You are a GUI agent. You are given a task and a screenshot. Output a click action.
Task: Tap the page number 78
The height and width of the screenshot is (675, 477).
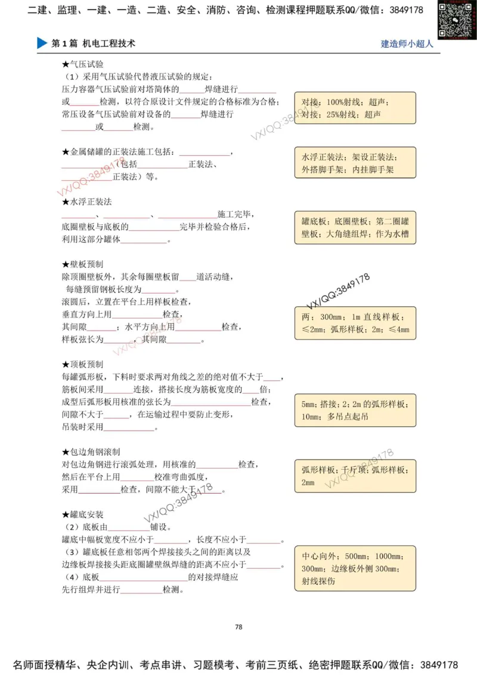(238, 627)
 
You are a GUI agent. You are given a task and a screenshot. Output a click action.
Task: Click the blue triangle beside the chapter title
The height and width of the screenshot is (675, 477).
(42, 44)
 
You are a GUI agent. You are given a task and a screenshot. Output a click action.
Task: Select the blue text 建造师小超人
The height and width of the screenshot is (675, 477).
(407, 44)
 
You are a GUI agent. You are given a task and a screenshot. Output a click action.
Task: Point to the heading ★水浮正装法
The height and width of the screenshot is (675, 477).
(86, 202)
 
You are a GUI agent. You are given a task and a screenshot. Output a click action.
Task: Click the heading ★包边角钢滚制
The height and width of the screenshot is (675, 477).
(91, 452)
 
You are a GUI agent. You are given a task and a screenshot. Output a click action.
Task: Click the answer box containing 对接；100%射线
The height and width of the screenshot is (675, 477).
(355, 108)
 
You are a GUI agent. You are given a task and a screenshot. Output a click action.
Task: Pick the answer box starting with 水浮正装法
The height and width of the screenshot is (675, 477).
(355, 164)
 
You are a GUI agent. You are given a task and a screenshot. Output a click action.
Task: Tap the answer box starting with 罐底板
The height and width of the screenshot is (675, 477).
(355, 227)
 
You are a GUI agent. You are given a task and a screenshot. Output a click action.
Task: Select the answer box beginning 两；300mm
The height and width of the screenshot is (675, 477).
(355, 323)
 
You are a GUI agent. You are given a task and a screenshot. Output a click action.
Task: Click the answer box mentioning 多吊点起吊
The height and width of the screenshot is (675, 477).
(355, 410)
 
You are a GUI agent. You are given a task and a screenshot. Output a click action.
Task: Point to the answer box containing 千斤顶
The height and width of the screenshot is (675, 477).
(355, 475)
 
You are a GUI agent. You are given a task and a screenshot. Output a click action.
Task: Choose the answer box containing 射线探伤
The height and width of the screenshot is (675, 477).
(355, 567)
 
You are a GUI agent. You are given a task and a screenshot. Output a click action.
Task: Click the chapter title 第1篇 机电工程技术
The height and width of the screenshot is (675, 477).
(94, 44)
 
